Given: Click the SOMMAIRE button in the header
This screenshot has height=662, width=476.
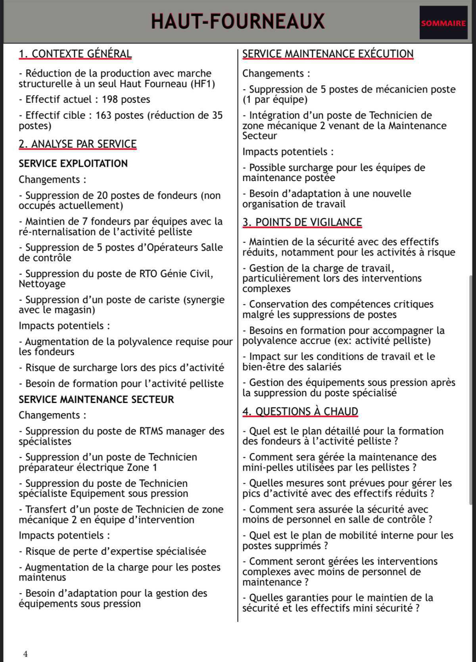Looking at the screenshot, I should tap(443, 23).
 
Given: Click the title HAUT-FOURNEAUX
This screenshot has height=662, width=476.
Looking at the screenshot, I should tap(238, 21).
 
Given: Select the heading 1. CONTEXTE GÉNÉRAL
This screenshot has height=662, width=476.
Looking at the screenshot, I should tap(75, 54).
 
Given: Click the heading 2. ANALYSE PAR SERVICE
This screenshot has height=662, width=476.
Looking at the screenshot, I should tap(77, 144).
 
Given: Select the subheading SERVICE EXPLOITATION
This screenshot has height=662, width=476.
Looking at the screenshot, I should tap(73, 163).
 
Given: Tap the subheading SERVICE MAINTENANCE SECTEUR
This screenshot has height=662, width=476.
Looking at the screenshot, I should tap(96, 399).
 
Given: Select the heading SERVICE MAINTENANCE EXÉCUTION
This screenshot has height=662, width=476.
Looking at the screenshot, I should tap(328, 54).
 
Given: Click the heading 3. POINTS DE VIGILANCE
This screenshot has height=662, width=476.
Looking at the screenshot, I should tap(302, 222).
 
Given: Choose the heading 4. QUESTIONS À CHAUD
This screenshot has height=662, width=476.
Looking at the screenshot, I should tap(300, 411).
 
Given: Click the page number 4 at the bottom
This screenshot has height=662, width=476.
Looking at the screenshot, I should tap(26, 654).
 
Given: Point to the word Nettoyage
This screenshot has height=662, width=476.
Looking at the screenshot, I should tap(42, 284).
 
